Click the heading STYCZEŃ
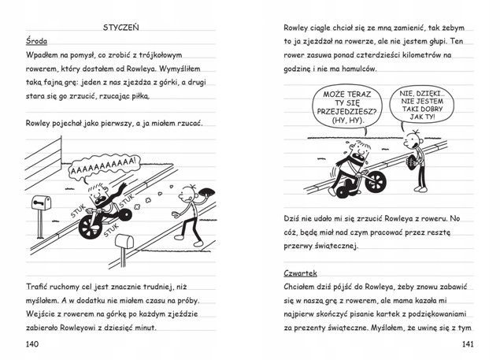121,26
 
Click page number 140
33,344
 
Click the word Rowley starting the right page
299,28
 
